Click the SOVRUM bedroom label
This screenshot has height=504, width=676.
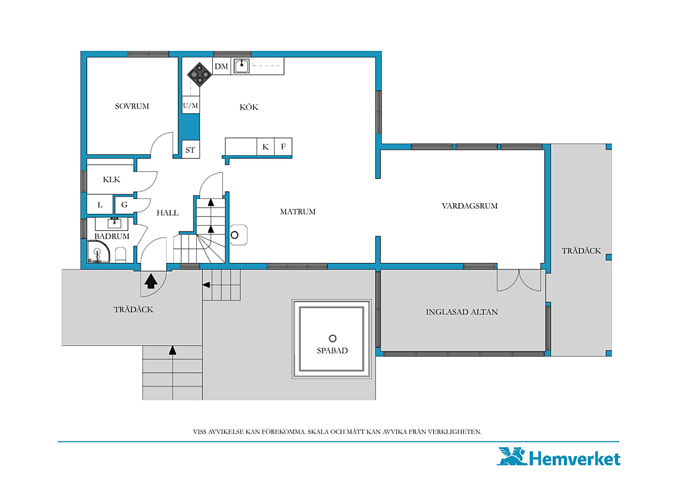[132, 106]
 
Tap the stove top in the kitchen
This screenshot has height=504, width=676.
[199, 75]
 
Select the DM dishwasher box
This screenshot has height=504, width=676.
[222, 66]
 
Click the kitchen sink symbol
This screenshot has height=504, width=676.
[241, 66]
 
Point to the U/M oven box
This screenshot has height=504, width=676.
[190, 105]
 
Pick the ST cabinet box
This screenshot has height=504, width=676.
[190, 149]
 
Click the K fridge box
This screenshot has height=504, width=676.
[266, 147]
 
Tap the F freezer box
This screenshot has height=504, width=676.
[283, 147]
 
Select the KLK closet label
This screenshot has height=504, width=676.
[111, 179]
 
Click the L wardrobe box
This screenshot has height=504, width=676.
[100, 204]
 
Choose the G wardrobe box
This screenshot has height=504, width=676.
[125, 204]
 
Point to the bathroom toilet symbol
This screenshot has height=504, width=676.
[121, 255]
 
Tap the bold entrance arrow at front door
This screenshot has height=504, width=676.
[151, 281]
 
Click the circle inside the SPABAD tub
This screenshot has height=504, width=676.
[333, 339]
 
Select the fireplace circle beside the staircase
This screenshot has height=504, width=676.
[235, 235]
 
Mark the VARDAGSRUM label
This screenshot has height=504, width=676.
[470, 206]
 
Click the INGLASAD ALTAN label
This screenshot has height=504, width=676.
[462, 312]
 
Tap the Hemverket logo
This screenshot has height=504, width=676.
[559, 457]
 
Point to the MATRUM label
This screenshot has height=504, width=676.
[298, 211]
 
